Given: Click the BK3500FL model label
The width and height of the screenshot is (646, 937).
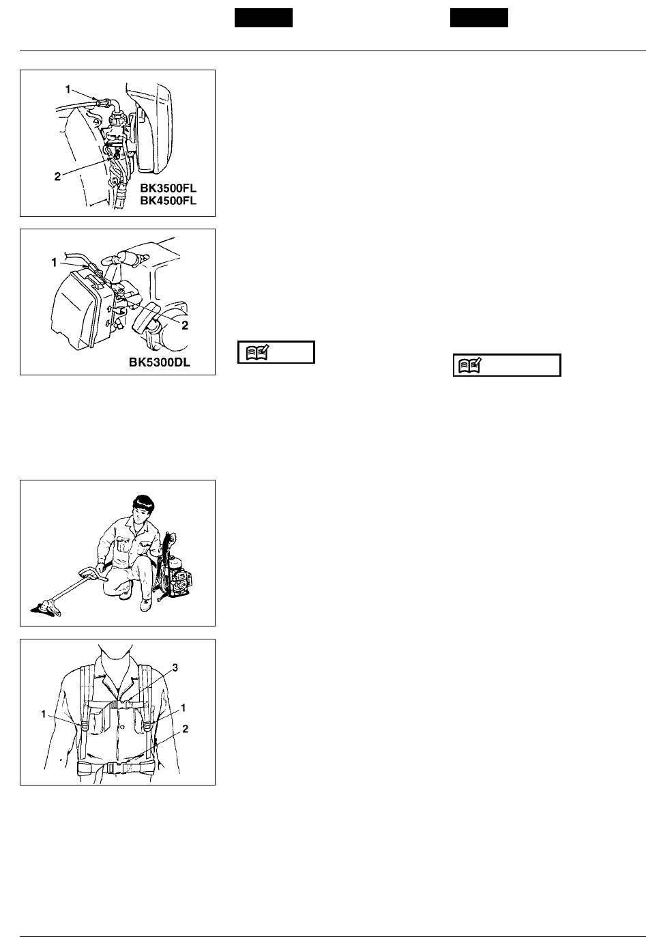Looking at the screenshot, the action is point(168,188).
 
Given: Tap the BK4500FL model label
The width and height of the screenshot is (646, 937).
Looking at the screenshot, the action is point(168,201).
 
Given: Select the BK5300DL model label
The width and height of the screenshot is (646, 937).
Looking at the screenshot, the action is point(160,362).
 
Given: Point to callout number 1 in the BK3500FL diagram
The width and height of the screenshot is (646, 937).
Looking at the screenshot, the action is point(68,89).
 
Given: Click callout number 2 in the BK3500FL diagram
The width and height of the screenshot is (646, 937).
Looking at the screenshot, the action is point(57,177).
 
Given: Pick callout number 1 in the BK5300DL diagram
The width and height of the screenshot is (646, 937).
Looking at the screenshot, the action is point(54,263).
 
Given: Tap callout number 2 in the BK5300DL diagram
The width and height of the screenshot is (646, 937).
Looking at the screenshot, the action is point(184,325).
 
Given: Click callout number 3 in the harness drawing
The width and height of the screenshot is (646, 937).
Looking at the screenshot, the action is point(175,667).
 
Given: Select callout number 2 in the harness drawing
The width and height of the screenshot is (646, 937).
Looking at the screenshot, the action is point(186,729).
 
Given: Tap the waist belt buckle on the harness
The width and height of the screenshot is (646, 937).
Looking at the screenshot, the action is point(112,768).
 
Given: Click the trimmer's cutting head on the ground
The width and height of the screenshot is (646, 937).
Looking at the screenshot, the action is point(46,608).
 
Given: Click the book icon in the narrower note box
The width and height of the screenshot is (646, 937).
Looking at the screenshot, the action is point(257,352).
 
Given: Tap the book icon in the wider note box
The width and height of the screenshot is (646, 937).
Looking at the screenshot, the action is point(470,366).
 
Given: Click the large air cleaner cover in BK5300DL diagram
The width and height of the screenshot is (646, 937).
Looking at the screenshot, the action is point(78,310).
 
